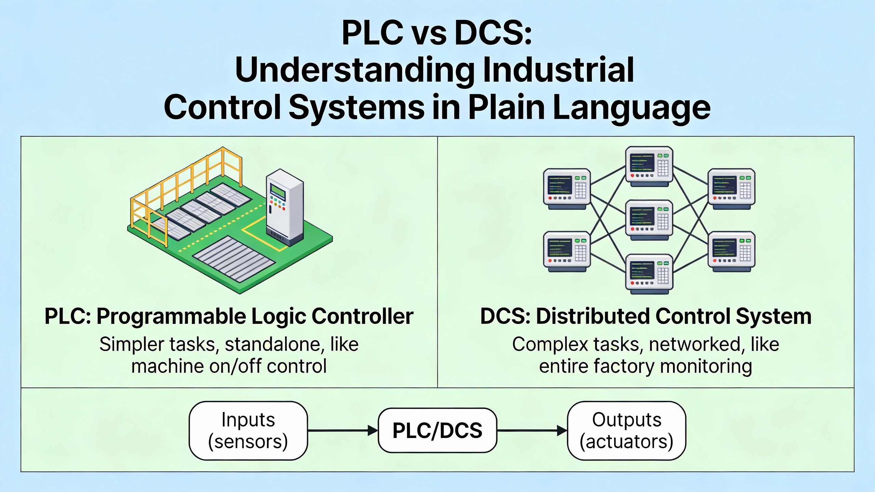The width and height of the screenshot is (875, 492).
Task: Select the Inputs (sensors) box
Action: click(248, 430)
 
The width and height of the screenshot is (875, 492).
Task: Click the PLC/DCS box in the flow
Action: click(437, 430)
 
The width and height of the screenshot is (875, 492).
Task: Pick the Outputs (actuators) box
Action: click(627, 430)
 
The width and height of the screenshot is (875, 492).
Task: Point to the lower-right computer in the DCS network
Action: click(731, 251)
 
